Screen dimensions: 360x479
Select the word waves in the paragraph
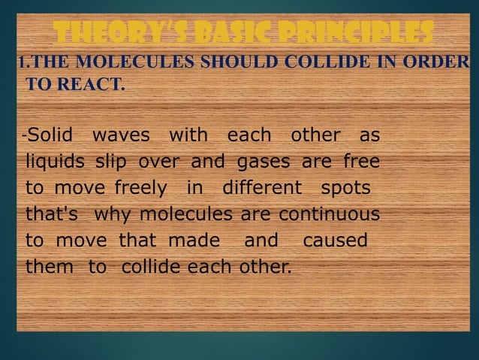(x=121, y=136)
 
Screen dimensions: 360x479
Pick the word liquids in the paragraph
(x=57, y=161)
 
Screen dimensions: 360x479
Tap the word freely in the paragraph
(x=140, y=186)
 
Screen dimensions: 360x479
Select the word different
(x=262, y=186)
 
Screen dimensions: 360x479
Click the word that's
(x=52, y=213)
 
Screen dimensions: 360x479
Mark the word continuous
(x=329, y=213)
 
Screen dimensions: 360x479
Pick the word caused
(x=335, y=240)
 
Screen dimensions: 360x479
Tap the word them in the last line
(x=50, y=266)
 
